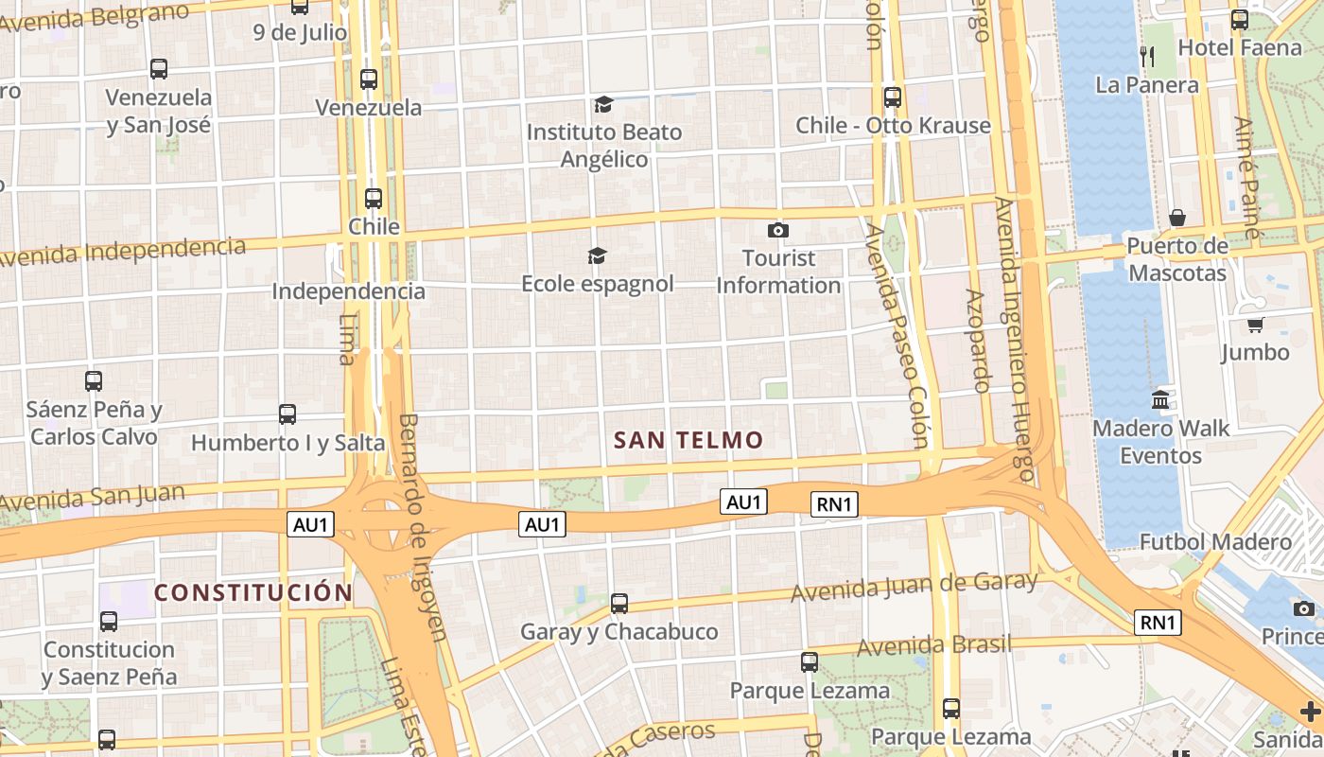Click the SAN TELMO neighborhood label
[688, 440]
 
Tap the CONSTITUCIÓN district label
[253, 593]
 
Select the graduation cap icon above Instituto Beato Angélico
[603, 104]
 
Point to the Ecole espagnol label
[598, 284]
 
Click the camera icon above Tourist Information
[778, 230]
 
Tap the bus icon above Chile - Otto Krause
[892, 97]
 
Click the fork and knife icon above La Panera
[1147, 57]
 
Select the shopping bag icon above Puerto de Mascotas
[1177, 219]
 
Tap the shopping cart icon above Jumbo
[1255, 325]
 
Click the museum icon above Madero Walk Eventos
[1160, 400]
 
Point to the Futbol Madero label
[1215, 542]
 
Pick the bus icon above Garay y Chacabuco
[619, 603]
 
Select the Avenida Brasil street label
[934, 646]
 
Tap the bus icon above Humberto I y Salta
[287, 414]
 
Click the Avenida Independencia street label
[123, 252]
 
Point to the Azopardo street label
[977, 341]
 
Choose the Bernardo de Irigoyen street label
[422, 526]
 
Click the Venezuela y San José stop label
[158, 111]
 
